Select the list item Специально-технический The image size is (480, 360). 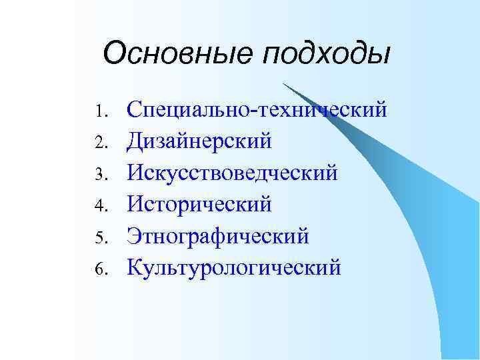click(257, 109)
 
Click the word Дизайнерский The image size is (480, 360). click(200, 141)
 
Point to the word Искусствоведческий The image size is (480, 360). click(233, 173)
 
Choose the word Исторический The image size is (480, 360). click(200, 204)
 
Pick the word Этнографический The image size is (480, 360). click(218, 236)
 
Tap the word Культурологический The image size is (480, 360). click(234, 267)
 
